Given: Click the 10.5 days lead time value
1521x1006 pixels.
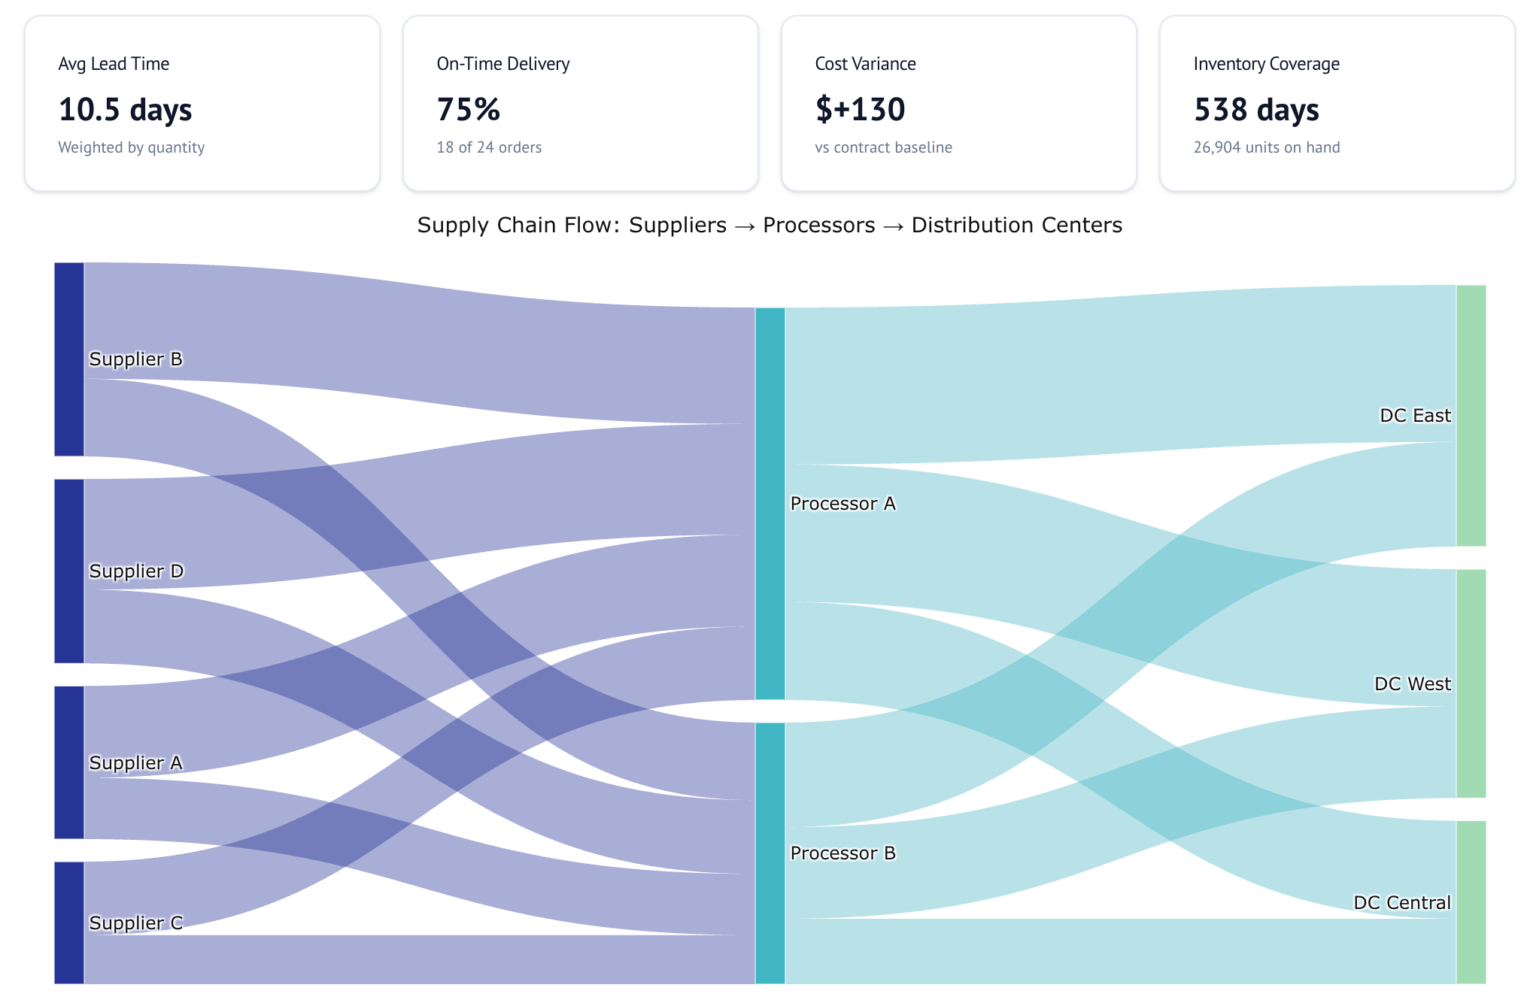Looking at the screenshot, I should pos(125,110).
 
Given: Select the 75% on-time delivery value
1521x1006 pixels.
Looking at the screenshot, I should pos(468,110).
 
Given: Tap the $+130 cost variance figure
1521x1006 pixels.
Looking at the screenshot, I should pos(860,110).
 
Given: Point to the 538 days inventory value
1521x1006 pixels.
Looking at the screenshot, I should pos(1256,110).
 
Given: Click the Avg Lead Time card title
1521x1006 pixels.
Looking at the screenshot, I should pos(114,64).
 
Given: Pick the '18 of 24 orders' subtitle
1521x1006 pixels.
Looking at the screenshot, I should pos(489,147).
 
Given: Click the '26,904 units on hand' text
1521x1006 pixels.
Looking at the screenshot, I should pos(1266,147).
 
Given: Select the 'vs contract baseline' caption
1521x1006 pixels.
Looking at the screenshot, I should pos(883,147).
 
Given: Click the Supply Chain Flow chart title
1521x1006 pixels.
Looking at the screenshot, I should pos(769,225).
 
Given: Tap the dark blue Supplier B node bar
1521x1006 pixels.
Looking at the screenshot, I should pos(69,359).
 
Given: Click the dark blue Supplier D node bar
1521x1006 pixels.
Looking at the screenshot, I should pos(69,571).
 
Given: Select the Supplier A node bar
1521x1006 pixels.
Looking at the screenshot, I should pos(69,762).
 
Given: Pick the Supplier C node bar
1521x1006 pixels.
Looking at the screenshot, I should pos(69,922).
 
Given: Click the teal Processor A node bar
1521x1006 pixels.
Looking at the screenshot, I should pos(770,503).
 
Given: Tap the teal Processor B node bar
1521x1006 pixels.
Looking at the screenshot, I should pos(770,853).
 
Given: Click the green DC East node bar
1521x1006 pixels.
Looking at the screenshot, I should pos(1471,415).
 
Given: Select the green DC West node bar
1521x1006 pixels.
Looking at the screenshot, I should pos(1471,683).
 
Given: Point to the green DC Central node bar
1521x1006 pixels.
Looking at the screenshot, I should pos(1471,901).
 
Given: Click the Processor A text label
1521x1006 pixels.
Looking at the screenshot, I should pos(842,504).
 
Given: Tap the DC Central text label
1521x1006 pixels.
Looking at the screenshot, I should pos(1401,902).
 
